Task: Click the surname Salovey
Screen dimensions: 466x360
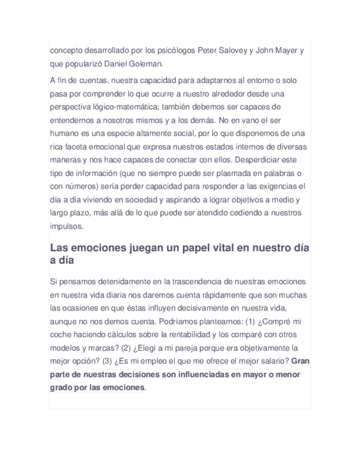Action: pyautogui.click(x=232, y=51)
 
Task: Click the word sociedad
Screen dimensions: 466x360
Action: pyautogui.click(x=147, y=199)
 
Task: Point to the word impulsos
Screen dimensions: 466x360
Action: pyautogui.click(x=66, y=226)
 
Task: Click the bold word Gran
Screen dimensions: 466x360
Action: pyautogui.click(x=301, y=361)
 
